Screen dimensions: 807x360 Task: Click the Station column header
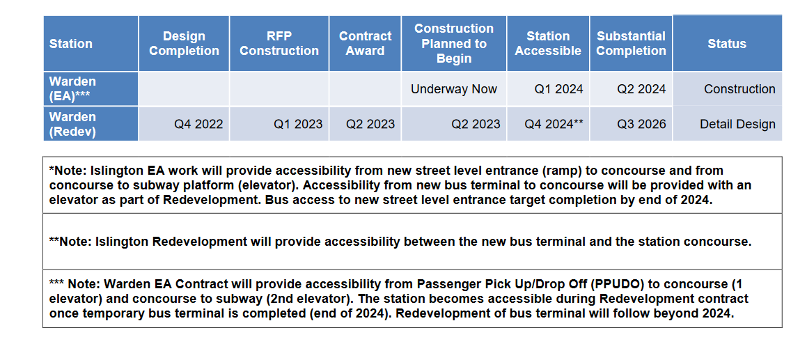71,44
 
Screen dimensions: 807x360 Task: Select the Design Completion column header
185,44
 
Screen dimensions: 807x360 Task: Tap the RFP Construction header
279,44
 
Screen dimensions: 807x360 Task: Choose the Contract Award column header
366,44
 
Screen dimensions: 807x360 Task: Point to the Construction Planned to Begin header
454,44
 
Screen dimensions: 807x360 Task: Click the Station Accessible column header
548,44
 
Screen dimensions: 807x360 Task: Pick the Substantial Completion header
631,44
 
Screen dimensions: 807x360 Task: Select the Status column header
727,44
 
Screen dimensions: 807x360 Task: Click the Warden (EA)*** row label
72,88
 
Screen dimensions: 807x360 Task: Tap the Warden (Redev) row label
73,124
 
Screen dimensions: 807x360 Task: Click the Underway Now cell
454,89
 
